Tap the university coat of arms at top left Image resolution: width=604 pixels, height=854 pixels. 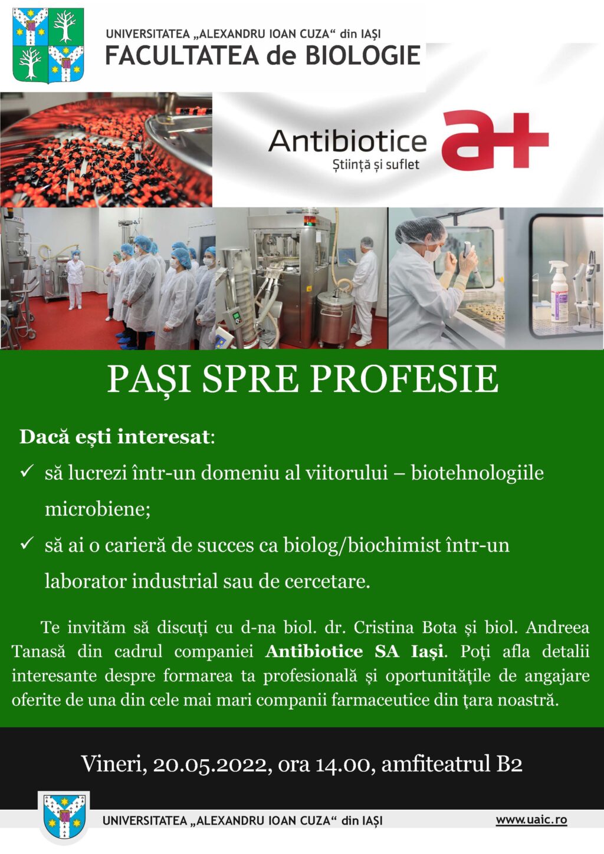48,45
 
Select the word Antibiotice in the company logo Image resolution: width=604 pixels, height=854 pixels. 347,141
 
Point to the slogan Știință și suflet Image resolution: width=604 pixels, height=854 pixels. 376,164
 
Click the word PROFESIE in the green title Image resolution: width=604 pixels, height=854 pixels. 404,380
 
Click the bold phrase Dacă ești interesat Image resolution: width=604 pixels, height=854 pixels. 115,437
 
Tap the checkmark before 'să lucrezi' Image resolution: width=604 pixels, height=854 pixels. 28,471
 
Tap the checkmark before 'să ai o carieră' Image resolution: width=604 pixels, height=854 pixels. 28,543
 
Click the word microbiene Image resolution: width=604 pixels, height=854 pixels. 98,509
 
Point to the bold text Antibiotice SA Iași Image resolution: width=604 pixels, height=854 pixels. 354,652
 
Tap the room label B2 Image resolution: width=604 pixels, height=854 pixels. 509,763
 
